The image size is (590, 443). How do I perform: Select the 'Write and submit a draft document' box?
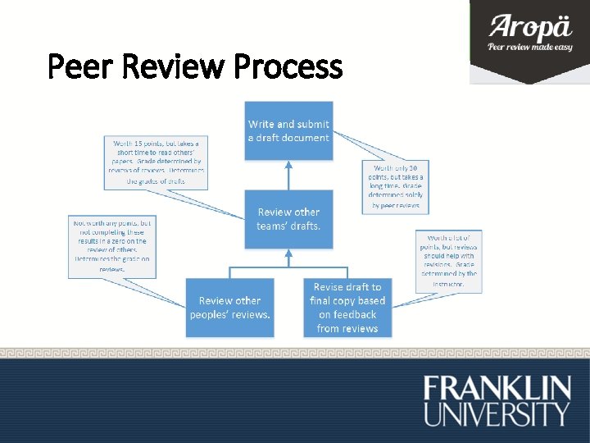point(288,131)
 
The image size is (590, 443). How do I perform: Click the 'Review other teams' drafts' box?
point(288,219)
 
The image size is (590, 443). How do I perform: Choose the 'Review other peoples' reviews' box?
point(229,308)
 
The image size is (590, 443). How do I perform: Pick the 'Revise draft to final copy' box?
point(347,308)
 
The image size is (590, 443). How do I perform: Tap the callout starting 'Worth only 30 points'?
point(396,186)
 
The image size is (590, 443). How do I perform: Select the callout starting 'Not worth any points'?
point(111,245)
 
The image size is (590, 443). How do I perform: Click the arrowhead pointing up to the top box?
point(288,164)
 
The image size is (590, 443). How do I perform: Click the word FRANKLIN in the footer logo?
point(497,388)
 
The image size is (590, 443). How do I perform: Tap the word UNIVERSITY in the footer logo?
point(497,413)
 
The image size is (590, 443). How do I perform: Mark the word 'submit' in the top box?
point(313,124)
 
